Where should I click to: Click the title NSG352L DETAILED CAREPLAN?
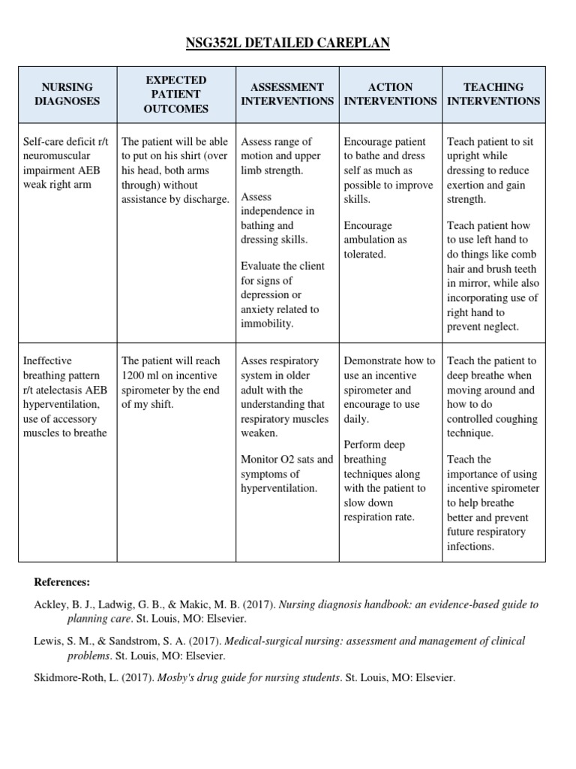point(288,44)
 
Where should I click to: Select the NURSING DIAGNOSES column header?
point(67,94)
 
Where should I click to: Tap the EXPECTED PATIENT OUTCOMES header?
point(175,94)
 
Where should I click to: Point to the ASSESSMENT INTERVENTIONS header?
point(287,94)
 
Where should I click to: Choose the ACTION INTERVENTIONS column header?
point(390,94)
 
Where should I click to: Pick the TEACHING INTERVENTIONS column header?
point(493,94)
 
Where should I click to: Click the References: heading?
point(61,582)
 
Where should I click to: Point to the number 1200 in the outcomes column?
point(134,375)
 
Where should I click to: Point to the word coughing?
point(516,419)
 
